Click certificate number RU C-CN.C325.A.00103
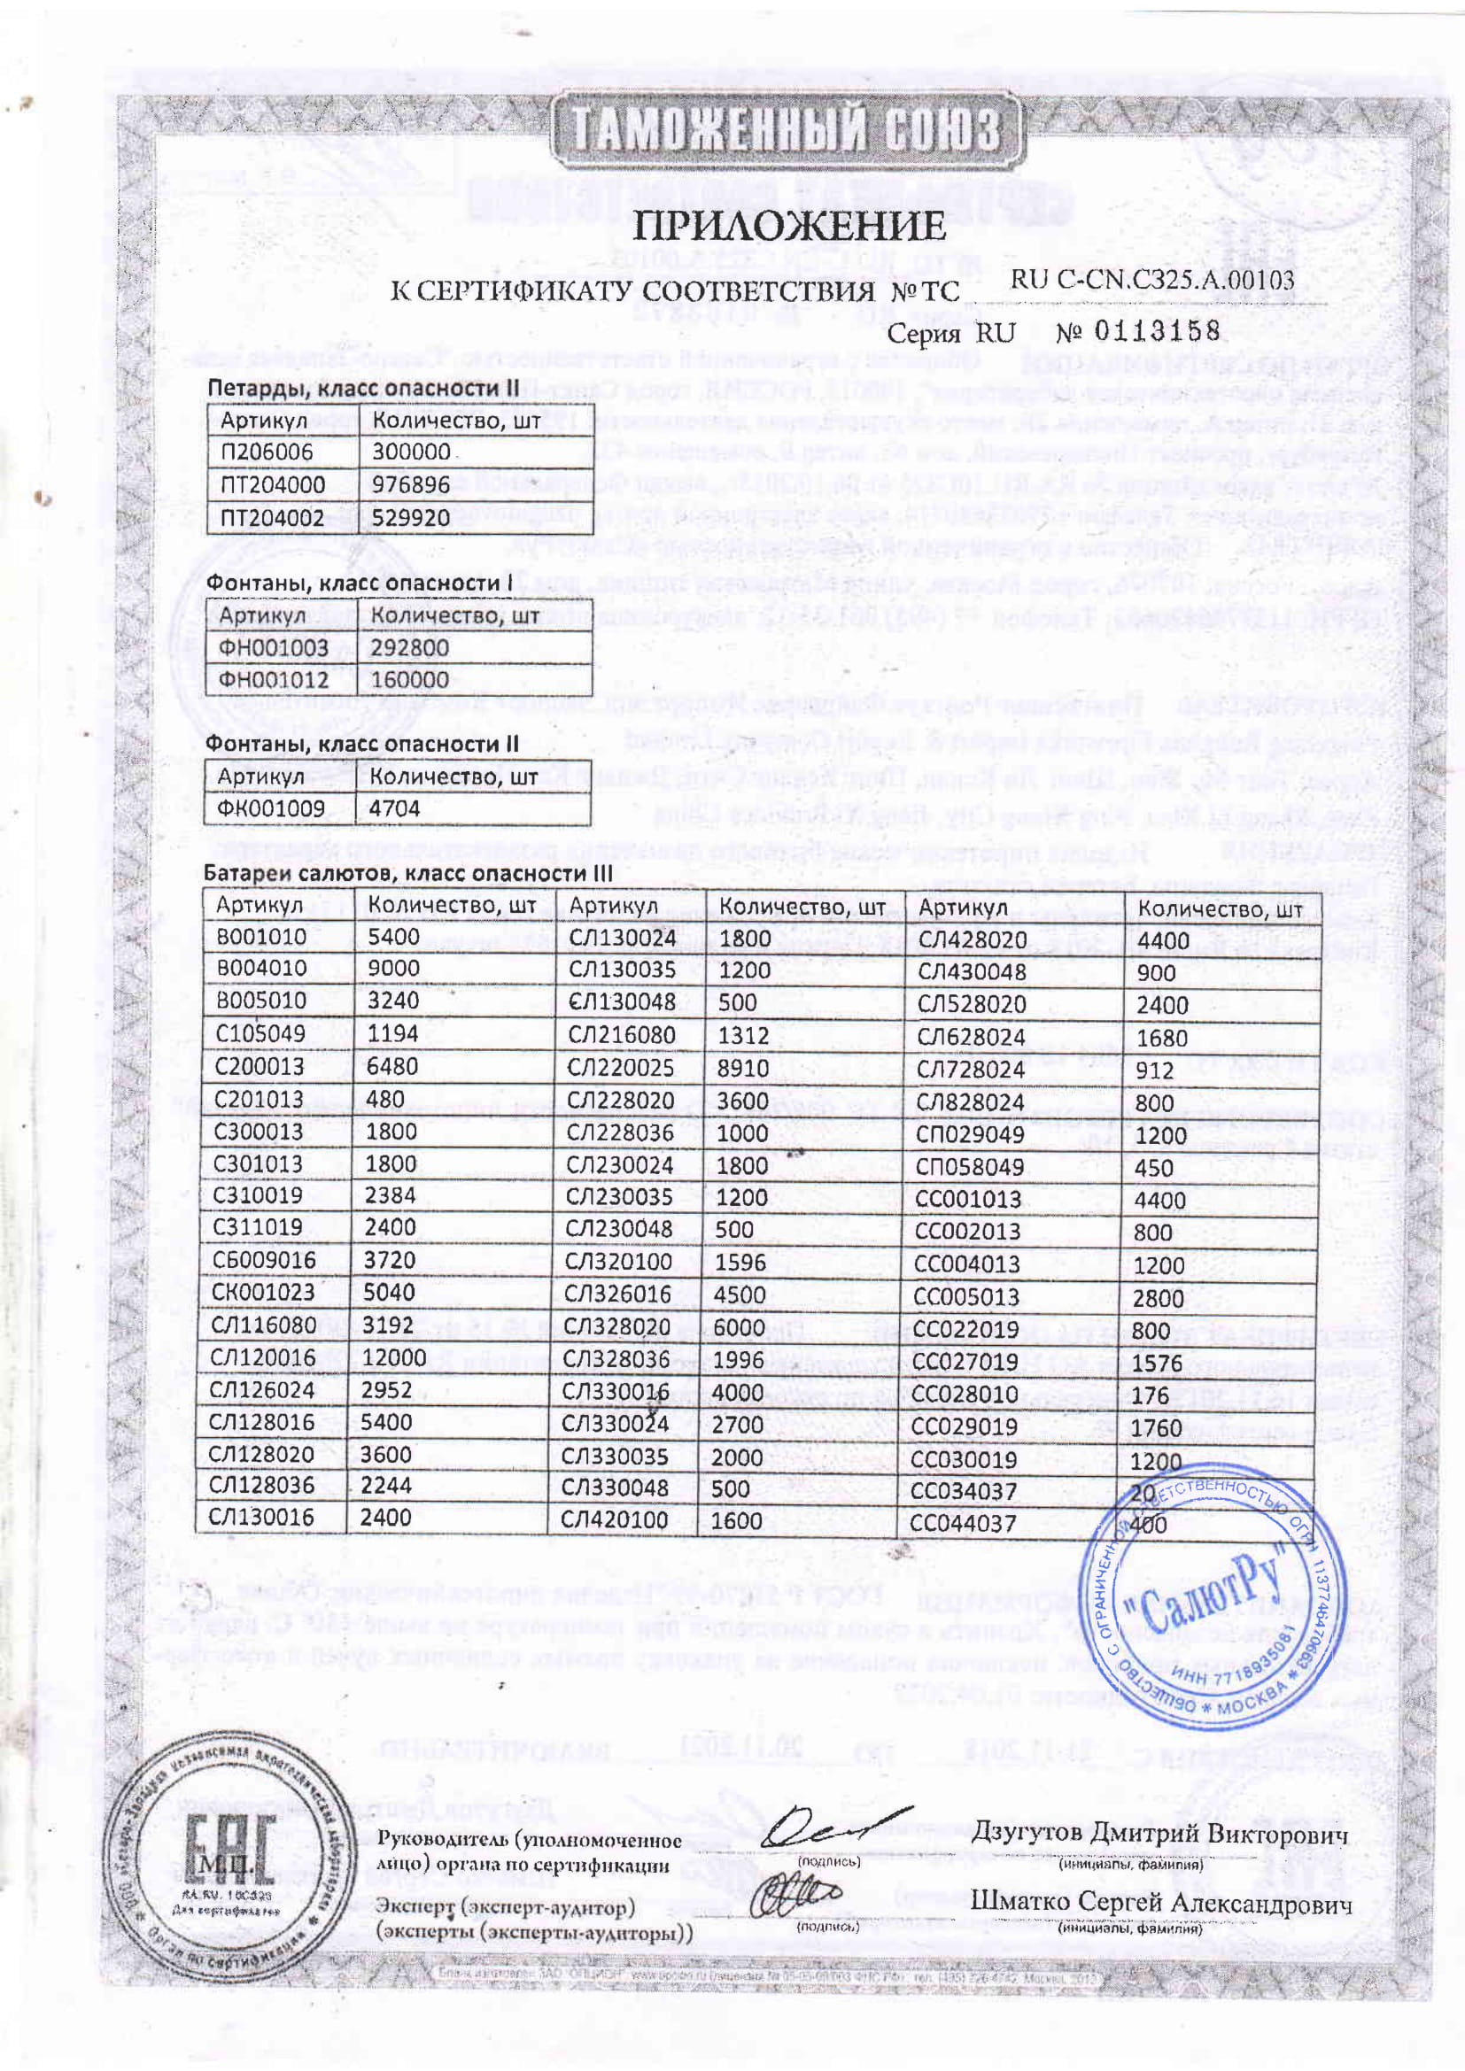1152,280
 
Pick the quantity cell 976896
410,485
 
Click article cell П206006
266,452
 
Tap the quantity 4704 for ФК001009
394,808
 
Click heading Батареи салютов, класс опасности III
407,873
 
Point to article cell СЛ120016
261,1357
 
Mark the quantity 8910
742,1068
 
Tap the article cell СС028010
965,1394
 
